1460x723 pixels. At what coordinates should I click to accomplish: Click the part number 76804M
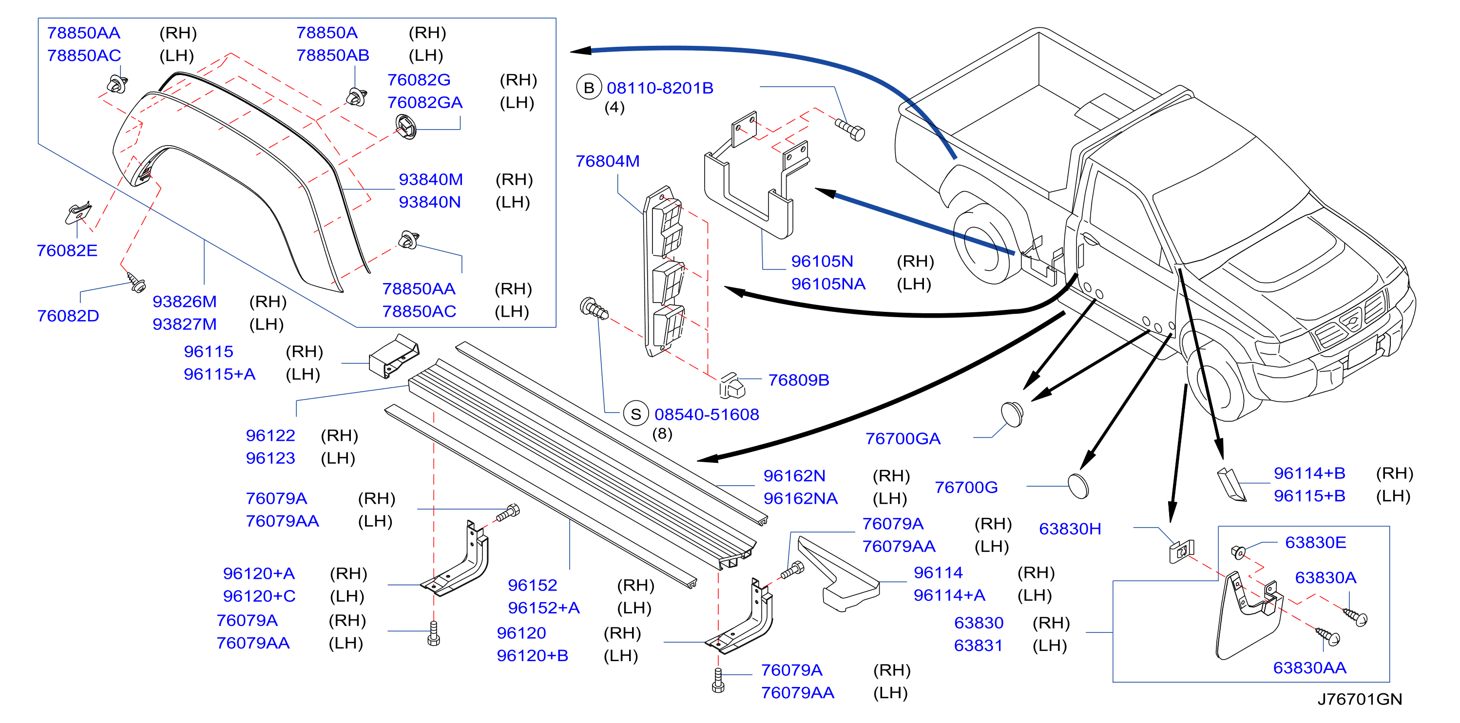coord(607,161)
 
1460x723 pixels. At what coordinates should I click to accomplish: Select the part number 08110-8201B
coord(660,88)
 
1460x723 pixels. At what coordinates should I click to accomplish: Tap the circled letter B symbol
coord(589,88)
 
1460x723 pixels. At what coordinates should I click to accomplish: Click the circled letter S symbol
coord(636,414)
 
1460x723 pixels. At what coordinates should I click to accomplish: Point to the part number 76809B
coord(799,380)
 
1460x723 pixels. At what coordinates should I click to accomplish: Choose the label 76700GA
coord(903,438)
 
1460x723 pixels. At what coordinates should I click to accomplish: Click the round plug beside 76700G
coord(1078,486)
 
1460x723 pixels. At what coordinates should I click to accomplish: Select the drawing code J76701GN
coord(1359,699)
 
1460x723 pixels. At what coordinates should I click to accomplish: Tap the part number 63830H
coord(1070,529)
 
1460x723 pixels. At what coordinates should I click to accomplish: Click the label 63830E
coord(1315,543)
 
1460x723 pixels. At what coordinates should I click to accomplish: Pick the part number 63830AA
coord(1310,668)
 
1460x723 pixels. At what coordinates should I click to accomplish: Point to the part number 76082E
coord(67,250)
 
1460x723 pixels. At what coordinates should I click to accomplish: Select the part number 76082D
coord(68,316)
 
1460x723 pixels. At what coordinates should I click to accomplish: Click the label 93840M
coord(431,180)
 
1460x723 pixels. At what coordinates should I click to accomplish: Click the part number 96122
coord(270,436)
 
